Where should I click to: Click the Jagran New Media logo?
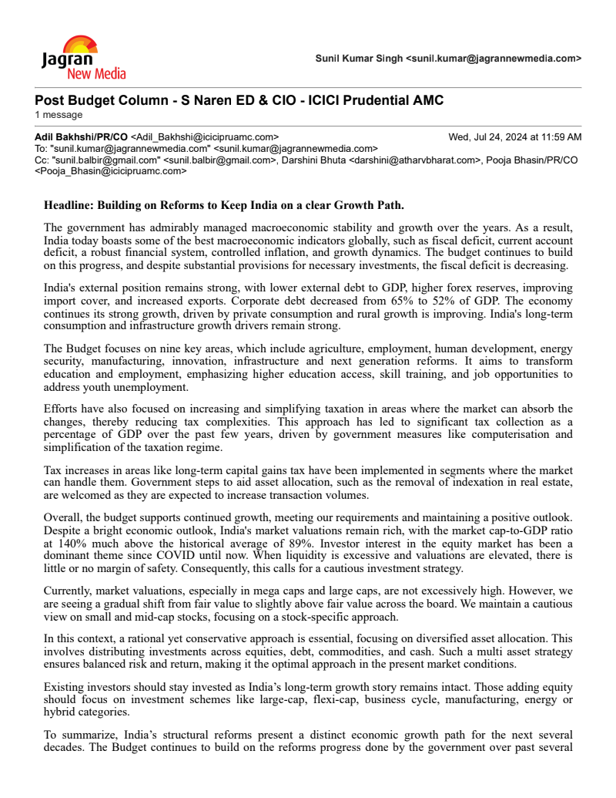[83, 58]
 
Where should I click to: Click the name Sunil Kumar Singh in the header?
[359, 58]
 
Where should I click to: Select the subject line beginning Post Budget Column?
[239, 101]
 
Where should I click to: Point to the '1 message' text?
[59, 115]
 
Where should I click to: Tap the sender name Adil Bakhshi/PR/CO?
[81, 137]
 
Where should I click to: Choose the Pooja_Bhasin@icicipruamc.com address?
[111, 171]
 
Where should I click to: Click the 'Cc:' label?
[42, 160]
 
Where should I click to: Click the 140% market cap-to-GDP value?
[67, 543]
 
